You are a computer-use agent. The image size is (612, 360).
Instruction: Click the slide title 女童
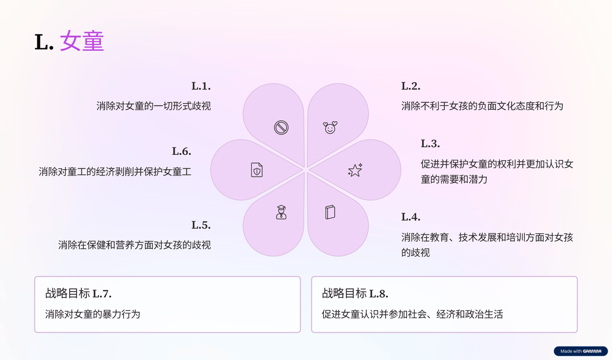point(82,42)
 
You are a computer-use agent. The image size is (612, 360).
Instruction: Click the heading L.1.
point(201,86)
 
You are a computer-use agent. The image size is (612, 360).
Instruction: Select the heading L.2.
point(410,86)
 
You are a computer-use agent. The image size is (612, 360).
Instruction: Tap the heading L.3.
point(430,144)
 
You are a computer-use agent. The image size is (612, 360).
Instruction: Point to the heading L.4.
point(410,217)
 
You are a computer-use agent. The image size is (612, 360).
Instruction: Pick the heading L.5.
point(201,225)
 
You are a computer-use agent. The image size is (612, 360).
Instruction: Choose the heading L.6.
point(181,151)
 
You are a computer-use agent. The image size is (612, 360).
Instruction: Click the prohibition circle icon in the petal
point(281,128)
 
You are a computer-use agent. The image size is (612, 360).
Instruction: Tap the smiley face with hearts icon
point(330,128)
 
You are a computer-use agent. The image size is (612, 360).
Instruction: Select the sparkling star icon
point(355,170)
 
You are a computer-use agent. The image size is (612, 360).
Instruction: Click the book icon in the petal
point(330,212)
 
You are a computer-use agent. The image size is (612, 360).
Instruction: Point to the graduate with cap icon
point(281,212)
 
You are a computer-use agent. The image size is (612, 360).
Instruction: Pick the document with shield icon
point(257,170)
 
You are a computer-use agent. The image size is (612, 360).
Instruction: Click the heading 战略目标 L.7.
point(78,294)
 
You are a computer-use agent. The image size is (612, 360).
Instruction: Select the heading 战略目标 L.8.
point(355,294)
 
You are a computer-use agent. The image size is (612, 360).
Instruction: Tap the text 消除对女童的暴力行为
point(93,314)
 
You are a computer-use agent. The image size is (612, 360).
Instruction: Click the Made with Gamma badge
point(581,351)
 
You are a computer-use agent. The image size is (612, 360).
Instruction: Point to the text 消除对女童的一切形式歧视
point(153,106)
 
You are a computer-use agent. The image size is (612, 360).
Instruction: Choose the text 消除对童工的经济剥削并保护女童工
point(115,171)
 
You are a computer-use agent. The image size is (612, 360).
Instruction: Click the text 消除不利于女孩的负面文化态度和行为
point(482,106)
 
